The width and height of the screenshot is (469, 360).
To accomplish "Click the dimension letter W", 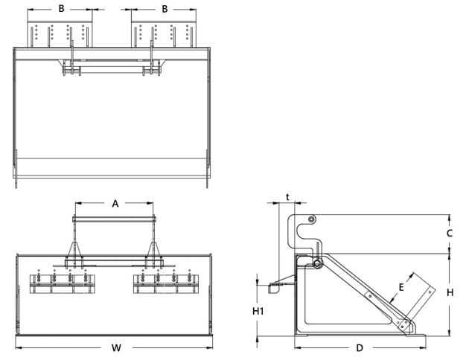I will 116,348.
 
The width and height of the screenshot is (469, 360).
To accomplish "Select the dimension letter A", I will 115,202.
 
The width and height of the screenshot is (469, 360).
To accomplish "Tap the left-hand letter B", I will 60,10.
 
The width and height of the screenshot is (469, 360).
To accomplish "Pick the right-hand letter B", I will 165,10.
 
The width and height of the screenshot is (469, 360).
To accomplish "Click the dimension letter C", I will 450,233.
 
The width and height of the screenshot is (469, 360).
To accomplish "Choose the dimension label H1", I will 258,311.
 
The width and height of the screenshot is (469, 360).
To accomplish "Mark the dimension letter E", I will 402,286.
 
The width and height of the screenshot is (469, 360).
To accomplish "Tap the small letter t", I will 287,198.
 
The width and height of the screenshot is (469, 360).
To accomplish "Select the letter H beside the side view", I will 450,292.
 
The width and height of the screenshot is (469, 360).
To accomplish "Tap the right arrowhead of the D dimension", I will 425,348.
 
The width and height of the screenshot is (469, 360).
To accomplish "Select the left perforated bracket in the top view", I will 60,34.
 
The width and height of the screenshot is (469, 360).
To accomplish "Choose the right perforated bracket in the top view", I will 165,34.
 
